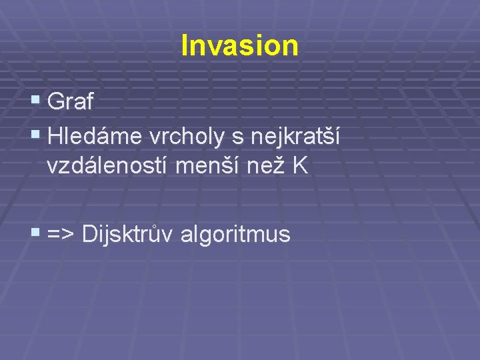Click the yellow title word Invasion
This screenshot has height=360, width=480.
point(239,45)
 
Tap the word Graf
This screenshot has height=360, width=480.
point(71,103)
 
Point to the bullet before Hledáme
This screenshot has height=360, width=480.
point(36,136)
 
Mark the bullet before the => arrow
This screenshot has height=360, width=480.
point(36,233)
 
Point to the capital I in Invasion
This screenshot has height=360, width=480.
point(185,45)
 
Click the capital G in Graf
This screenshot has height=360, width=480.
point(57,103)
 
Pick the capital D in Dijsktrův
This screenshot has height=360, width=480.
point(89,235)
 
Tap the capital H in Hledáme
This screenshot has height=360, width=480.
point(55,137)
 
